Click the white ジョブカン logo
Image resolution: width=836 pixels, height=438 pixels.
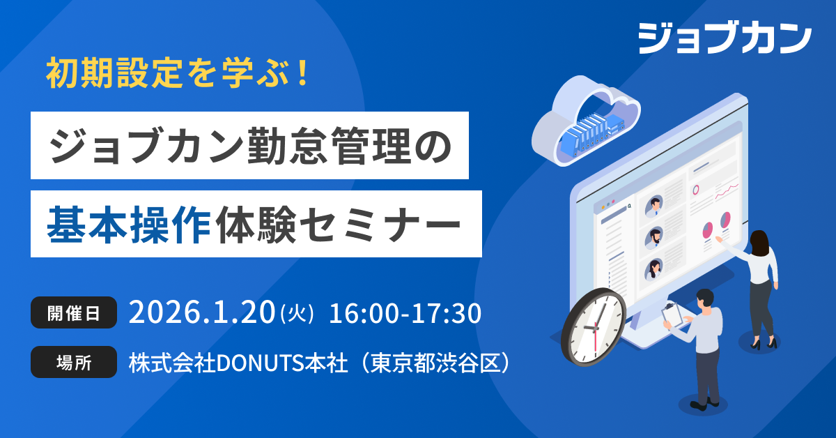coord(725,38)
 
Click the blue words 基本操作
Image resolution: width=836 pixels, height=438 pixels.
coord(129,225)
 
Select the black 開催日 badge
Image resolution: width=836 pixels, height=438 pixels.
coord(74,312)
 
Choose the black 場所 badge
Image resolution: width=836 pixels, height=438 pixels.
coord(74,362)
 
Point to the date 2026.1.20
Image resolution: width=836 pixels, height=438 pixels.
coord(202,312)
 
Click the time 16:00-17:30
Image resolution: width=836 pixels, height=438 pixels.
coord(405,313)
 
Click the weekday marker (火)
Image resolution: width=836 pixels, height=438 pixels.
coord(297,314)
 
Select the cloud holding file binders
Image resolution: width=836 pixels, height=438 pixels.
coord(585,121)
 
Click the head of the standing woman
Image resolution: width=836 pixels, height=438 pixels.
coord(759,243)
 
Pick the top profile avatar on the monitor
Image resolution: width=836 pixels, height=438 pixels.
coord(654,206)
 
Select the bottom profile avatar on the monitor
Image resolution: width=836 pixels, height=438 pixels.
coord(654,269)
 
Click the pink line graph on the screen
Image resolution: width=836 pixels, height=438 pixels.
coord(726,191)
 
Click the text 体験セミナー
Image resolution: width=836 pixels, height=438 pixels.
coord(338,225)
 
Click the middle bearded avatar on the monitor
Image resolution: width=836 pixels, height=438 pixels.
coord(654,238)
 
